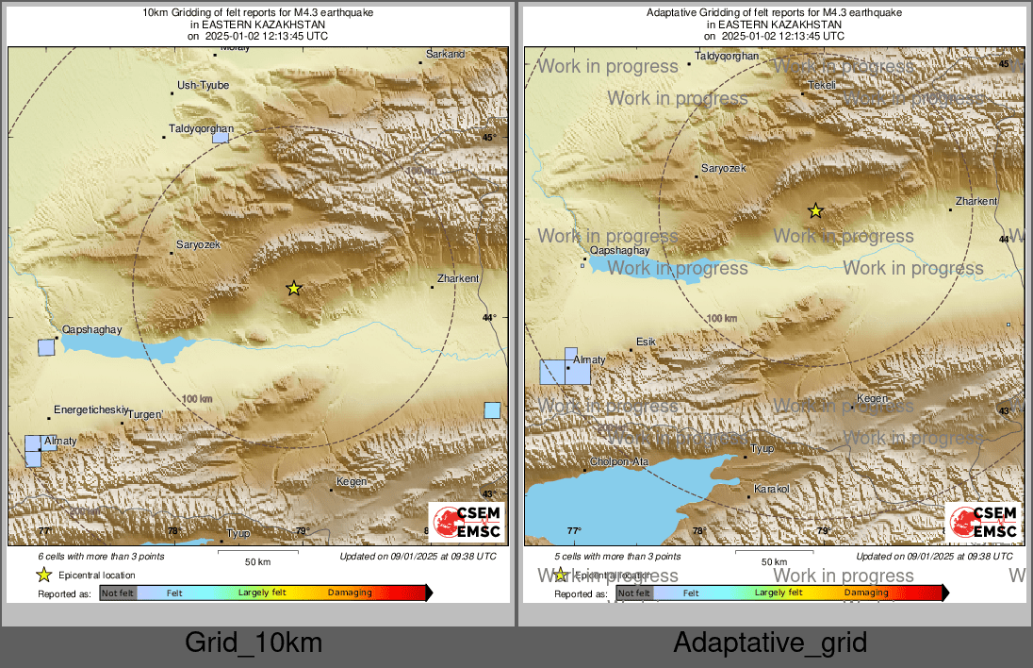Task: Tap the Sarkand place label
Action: coord(446,55)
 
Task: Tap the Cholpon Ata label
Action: coord(618,461)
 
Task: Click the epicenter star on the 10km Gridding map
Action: coord(294,288)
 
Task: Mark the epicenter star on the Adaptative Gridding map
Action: coord(816,210)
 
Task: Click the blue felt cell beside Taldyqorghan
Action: coord(220,137)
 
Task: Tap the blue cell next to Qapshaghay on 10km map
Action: coord(46,346)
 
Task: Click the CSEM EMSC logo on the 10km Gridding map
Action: coord(466,522)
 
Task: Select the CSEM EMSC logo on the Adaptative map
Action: coord(982,522)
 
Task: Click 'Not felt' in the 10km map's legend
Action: coord(118,593)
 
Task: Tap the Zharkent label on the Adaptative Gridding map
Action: coord(976,201)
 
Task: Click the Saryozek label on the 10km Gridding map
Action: coord(198,244)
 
